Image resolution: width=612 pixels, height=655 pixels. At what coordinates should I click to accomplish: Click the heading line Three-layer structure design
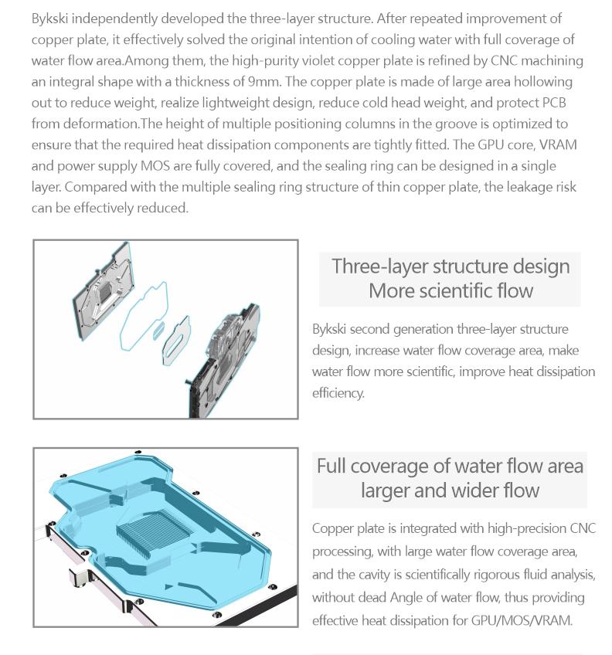(450, 266)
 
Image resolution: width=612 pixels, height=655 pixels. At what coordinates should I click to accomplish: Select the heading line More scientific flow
(450, 290)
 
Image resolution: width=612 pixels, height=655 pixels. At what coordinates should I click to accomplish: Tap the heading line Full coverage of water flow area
(450, 466)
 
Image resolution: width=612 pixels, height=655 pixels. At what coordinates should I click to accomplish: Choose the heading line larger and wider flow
(450, 490)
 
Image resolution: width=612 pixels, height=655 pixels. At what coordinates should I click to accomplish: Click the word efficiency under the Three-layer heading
(338, 393)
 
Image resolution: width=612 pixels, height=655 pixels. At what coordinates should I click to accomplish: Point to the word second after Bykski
(372, 329)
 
